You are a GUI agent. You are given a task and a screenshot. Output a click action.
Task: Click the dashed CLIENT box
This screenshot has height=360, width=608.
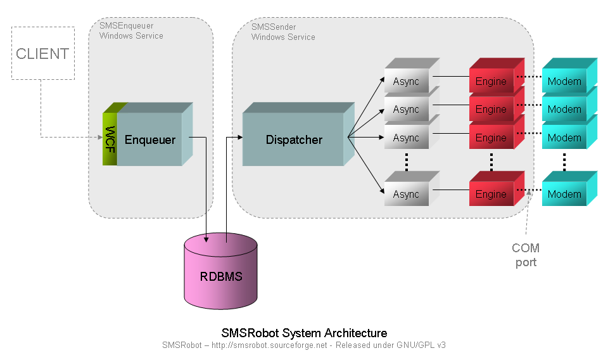[42, 53]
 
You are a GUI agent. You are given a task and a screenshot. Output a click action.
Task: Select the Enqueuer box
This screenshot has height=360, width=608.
[149, 139]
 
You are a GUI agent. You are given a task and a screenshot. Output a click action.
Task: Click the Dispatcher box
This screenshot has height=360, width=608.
[294, 140]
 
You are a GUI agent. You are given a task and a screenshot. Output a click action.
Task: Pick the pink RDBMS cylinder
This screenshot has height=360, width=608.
[221, 276]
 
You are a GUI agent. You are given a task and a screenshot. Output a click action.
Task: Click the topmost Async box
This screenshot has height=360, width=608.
[406, 81]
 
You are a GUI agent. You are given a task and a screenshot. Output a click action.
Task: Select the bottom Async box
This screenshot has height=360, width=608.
[406, 194]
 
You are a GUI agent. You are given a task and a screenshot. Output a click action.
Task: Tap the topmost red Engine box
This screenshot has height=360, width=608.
[491, 81]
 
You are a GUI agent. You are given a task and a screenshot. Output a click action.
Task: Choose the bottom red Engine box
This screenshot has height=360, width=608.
[491, 194]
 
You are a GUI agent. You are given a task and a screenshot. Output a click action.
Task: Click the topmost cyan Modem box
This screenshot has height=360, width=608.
[564, 81]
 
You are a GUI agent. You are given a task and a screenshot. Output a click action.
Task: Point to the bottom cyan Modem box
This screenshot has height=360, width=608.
[564, 194]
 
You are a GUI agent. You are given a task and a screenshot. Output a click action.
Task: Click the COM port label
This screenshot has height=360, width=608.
[526, 255]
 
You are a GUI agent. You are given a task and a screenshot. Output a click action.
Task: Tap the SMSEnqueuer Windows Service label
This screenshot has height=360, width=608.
[131, 31]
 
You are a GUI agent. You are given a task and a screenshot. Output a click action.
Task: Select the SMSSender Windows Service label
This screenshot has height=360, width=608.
[283, 32]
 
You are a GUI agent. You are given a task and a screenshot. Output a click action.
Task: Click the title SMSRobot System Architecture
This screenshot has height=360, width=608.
[304, 333]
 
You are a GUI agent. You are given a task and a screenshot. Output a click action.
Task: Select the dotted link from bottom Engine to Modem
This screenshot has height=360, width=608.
[533, 189]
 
